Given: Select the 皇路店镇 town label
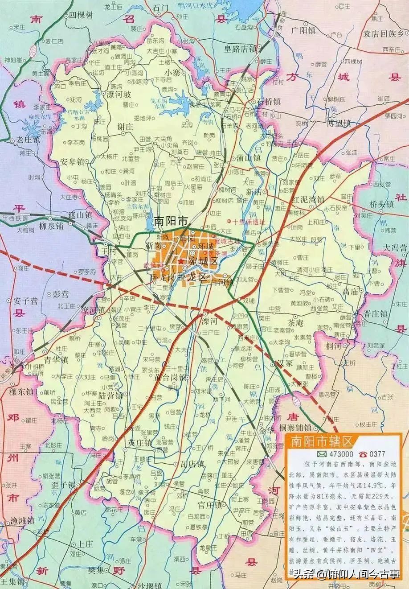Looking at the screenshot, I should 239,49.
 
